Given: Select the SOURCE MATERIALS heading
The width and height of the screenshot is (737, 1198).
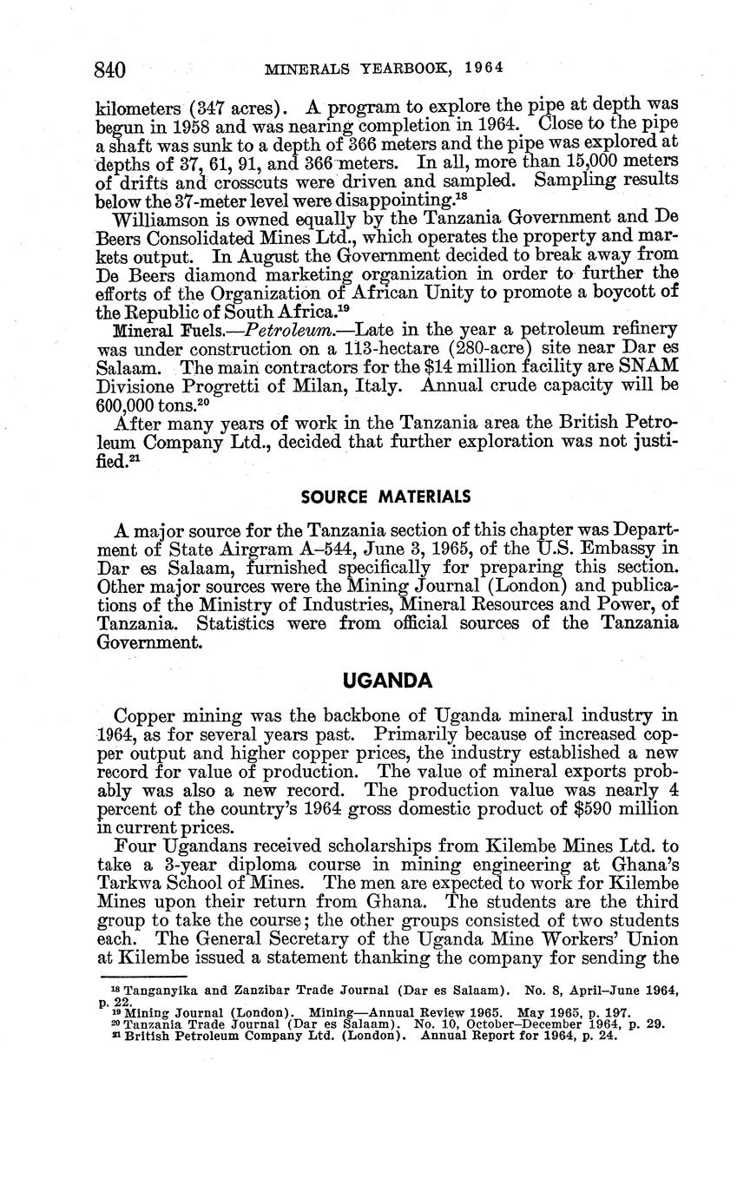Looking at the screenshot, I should pos(385,497).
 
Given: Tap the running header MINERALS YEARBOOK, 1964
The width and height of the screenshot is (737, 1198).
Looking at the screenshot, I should pos(385,67).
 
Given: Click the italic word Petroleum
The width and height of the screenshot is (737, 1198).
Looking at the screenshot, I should pos(286,331).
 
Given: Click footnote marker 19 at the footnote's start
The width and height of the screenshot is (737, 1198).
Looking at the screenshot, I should pos(116,1011).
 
